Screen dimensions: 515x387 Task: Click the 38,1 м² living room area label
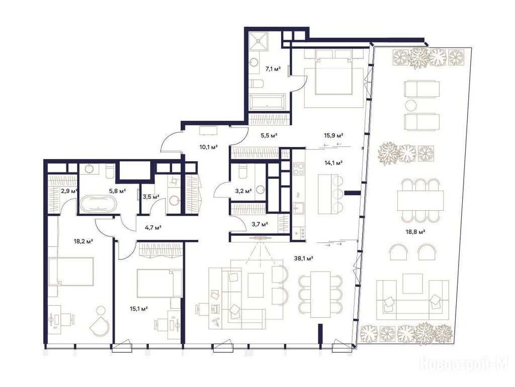pos(303,259)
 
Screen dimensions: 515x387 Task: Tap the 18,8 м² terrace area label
pos(416,231)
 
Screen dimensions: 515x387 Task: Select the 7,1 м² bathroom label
pos(273,69)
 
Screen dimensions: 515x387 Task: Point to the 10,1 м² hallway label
pos(209,147)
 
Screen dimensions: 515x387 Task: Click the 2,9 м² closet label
pos(69,190)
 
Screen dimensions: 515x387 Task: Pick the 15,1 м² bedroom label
pos(139,308)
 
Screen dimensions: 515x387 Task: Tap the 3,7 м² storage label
pos(260,224)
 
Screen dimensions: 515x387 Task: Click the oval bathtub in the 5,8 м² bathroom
pos(99,204)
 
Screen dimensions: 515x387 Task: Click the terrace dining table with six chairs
pos(420,201)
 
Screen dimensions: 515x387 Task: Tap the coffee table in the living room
pos(256,285)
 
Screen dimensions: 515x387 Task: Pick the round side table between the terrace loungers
pos(410,106)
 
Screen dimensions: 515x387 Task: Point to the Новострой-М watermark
pos(464,364)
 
